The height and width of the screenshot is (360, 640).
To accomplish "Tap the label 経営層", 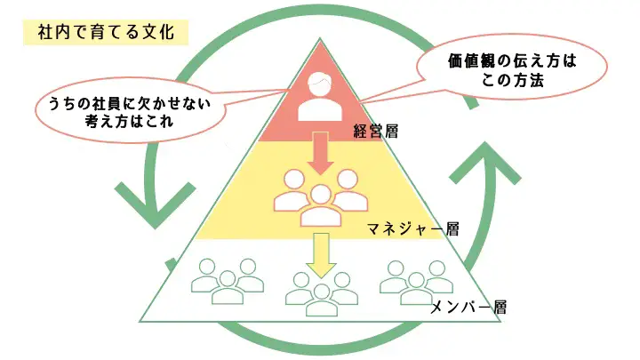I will coord(375,132).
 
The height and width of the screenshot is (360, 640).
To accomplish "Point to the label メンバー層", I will coord(468,308).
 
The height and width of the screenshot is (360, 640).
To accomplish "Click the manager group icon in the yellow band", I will coord(319,198).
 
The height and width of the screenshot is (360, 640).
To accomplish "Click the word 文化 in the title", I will coord(169,32).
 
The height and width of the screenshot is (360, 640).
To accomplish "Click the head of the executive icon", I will coord(319,84).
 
